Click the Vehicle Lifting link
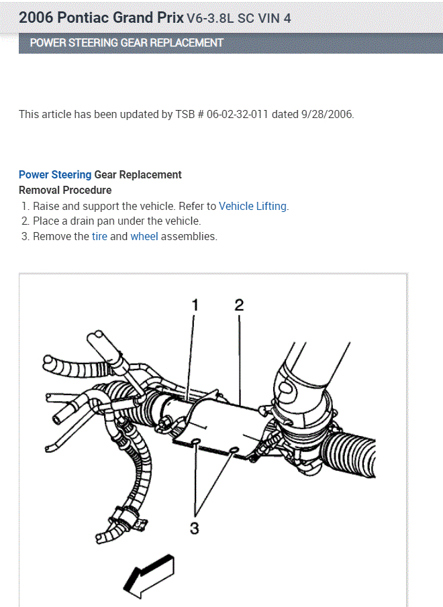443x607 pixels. [253, 206]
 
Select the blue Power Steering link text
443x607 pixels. [55, 174]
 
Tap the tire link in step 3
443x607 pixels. [99, 236]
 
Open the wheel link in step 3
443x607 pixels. [144, 236]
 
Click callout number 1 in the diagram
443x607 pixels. [195, 306]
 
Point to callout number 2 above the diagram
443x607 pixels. [239, 306]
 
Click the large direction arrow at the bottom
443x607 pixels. [150, 575]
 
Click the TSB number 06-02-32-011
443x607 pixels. [238, 114]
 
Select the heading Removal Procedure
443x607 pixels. [65, 190]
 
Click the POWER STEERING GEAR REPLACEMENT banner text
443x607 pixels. [127, 43]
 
